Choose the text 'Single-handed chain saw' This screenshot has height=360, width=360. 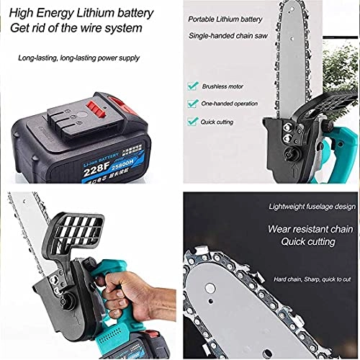coord(234,36)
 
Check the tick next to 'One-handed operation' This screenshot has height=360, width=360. coord(192,104)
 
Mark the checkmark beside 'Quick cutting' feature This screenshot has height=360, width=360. coord(192,122)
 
